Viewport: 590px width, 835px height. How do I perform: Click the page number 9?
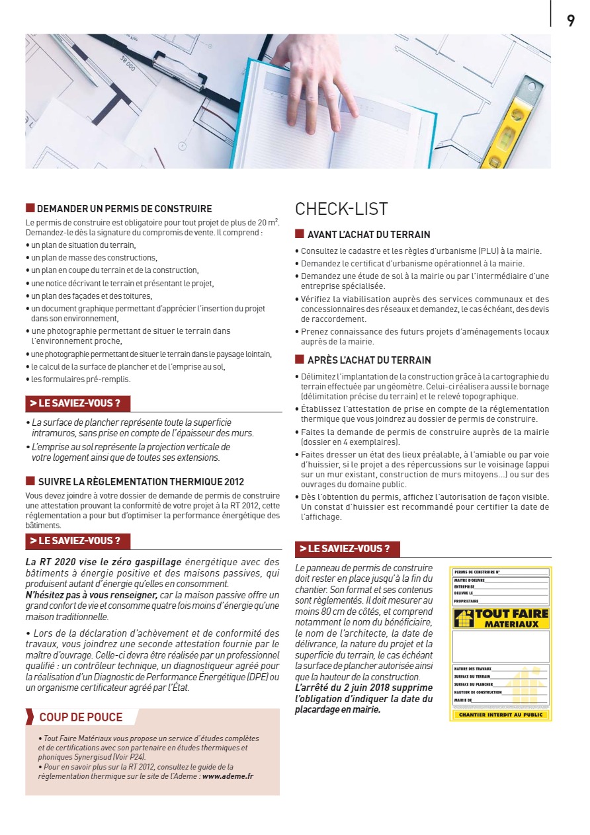(x=570, y=20)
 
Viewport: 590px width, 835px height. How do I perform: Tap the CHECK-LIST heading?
(x=341, y=209)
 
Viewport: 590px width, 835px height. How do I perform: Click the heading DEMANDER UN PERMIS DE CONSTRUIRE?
(x=124, y=208)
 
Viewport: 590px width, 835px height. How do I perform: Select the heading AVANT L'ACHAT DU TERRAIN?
(x=368, y=235)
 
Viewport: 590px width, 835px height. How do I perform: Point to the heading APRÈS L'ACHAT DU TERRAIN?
(x=369, y=360)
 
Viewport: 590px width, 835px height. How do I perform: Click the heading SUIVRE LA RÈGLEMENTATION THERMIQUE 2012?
(x=141, y=482)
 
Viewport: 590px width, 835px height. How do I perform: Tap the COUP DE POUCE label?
(x=81, y=717)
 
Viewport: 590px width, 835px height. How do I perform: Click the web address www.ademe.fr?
(x=228, y=776)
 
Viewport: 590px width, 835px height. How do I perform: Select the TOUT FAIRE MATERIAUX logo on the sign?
(x=500, y=619)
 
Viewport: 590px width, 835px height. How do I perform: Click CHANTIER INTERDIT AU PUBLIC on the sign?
(x=500, y=715)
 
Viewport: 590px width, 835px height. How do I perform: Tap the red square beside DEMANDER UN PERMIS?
(x=30, y=208)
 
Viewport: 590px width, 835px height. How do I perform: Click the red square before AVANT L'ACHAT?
(x=300, y=234)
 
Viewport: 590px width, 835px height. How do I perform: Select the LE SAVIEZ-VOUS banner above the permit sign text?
(x=347, y=549)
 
